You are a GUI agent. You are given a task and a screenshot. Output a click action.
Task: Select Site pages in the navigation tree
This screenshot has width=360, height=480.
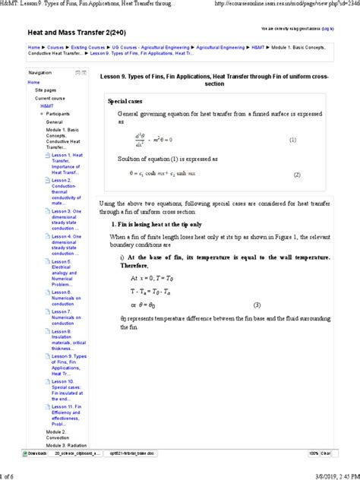click(45, 90)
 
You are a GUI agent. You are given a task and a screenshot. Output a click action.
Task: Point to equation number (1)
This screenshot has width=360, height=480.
click(292, 141)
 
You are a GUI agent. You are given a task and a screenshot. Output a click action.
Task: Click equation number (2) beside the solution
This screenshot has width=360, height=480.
click(297, 174)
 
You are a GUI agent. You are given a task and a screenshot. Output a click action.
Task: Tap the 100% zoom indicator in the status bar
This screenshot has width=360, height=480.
click(314, 453)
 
